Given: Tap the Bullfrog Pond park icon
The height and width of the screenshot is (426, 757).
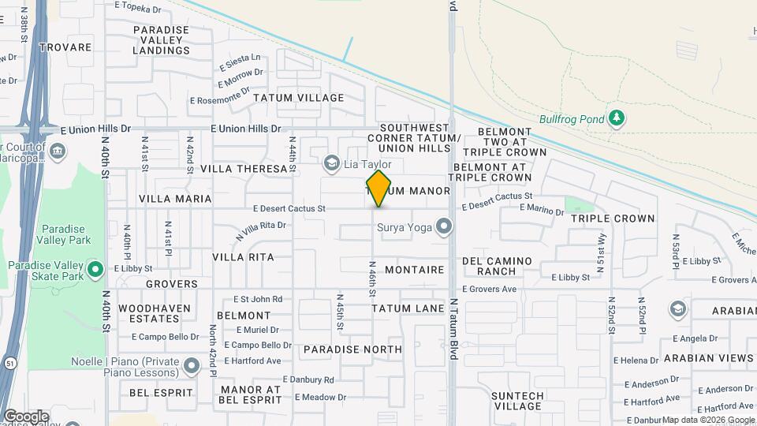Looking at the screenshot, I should (x=617, y=119).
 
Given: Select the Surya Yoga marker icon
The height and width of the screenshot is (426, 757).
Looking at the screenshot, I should (x=445, y=227).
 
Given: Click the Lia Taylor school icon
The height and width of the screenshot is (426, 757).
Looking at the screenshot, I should (x=332, y=163).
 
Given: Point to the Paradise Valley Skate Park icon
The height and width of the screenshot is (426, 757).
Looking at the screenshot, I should (x=95, y=270).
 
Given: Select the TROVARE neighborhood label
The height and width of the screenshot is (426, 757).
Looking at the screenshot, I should (x=65, y=47).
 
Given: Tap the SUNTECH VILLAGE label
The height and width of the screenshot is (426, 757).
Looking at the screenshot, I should (x=516, y=401).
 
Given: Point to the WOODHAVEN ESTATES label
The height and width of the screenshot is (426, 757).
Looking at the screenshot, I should (x=149, y=313).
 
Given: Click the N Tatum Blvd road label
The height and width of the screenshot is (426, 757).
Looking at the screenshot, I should (x=453, y=329).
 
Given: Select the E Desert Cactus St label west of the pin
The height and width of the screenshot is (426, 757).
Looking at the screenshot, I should (x=289, y=209).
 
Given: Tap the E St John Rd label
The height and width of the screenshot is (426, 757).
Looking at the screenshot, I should (x=258, y=300).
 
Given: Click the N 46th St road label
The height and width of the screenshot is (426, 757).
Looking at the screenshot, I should (x=372, y=278).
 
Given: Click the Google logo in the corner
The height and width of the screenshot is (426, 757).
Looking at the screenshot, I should (x=26, y=416).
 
